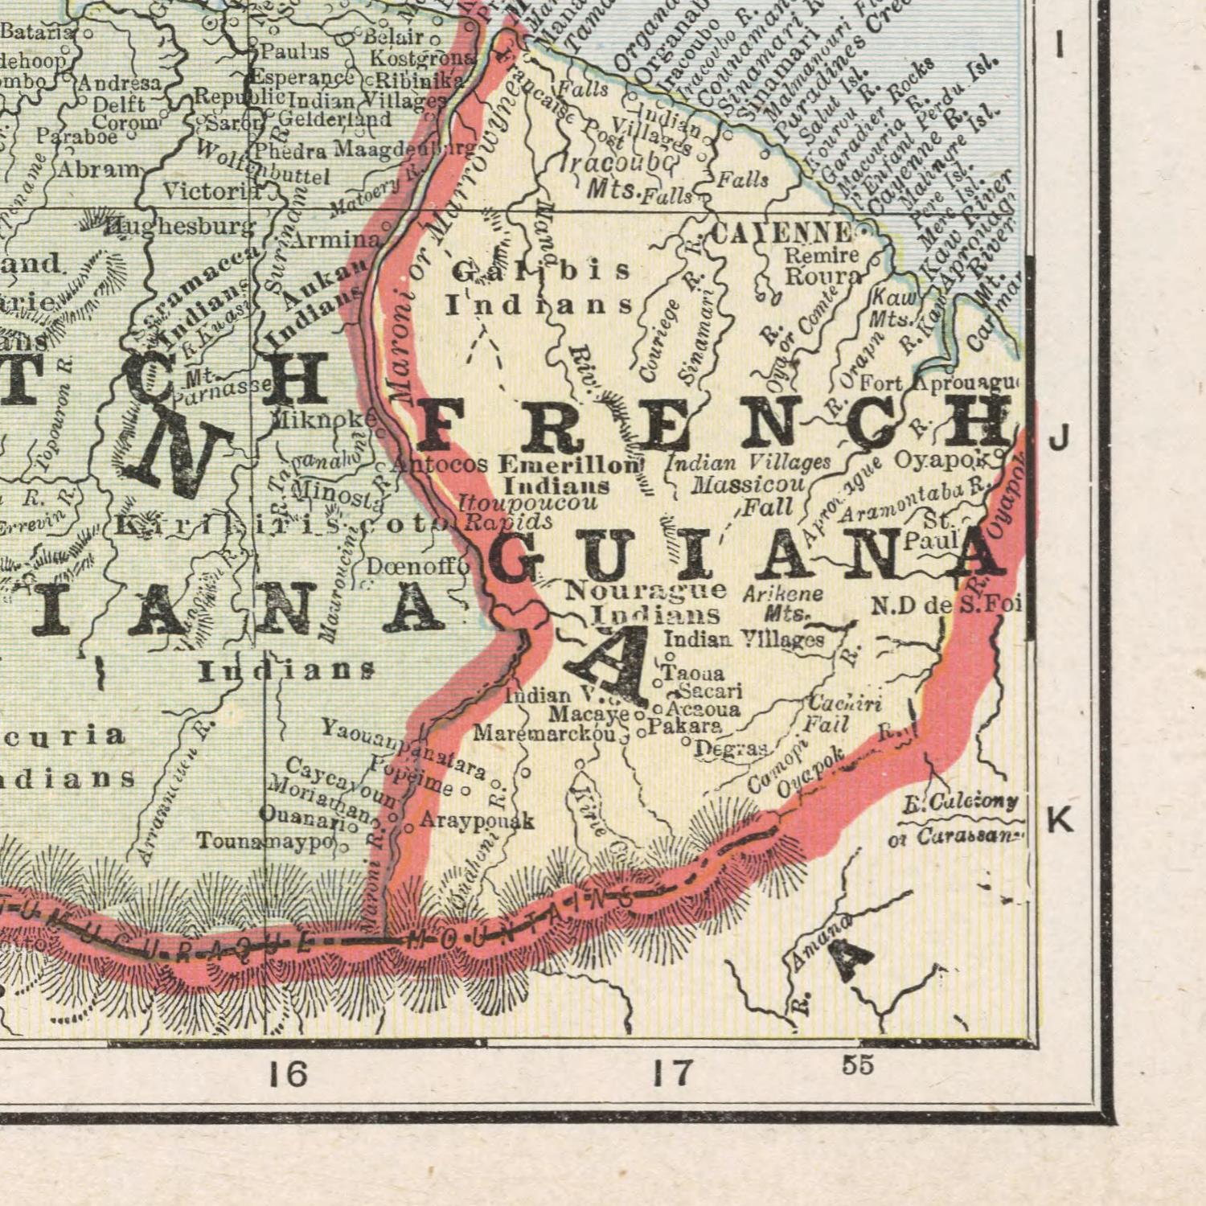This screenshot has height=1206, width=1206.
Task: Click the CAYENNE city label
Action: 781,234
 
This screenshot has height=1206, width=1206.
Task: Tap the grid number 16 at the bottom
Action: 288,1073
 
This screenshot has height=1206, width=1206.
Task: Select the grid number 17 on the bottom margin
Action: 671,1073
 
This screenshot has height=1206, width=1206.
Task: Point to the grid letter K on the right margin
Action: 1060,820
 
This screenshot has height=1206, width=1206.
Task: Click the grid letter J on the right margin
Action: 1060,439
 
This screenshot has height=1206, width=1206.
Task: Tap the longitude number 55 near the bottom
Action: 858,1064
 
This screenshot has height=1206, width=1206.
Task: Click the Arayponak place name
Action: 477,821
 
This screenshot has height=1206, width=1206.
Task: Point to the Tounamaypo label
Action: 265,841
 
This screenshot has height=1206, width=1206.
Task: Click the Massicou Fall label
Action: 756,495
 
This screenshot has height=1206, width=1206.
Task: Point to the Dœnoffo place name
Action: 417,567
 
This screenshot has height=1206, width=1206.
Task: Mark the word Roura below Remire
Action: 822,276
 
